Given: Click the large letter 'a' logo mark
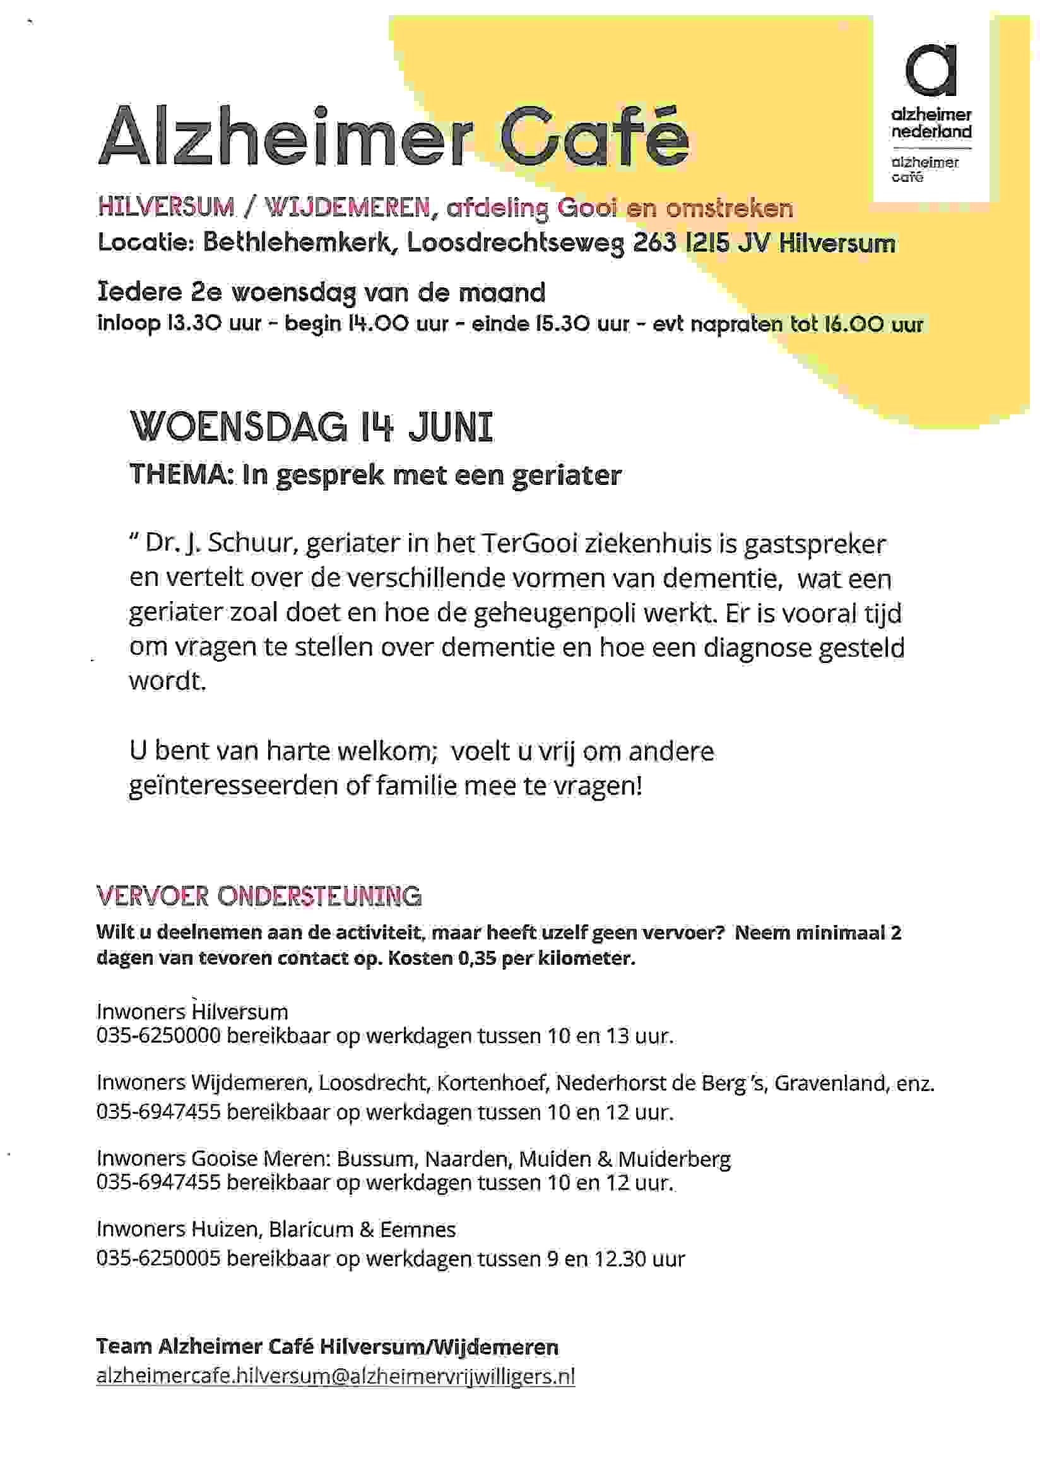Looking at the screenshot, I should [x=930, y=71].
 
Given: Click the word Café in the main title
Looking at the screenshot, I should [x=594, y=137].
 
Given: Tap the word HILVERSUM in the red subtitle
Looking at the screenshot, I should [x=165, y=207].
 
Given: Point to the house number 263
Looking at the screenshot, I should [x=655, y=243].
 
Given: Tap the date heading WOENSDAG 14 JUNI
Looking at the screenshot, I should [x=312, y=427].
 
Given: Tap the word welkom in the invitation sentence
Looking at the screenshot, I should [x=387, y=750].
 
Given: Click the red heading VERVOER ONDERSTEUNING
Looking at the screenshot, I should [x=259, y=895].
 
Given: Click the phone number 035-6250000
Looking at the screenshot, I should [x=158, y=1036].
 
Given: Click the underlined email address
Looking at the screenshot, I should [x=335, y=1376].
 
